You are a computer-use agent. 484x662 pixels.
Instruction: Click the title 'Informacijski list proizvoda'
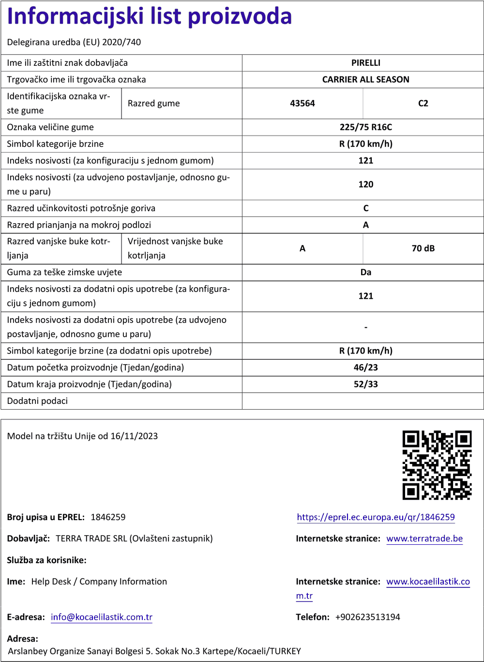pyautogui.click(x=149, y=16)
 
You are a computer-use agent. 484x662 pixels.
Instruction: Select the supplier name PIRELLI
pyautogui.click(x=365, y=63)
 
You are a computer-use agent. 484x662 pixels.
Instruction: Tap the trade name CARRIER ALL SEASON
pyautogui.click(x=365, y=79)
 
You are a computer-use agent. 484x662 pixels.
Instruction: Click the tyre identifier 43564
pyautogui.click(x=302, y=103)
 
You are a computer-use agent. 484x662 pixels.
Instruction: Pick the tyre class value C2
pyautogui.click(x=423, y=103)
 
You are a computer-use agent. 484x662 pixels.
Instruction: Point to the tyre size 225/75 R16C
pyautogui.click(x=365, y=127)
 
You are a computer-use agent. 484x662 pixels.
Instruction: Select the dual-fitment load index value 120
pyautogui.click(x=365, y=185)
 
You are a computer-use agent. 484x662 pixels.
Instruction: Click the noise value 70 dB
pyautogui.click(x=423, y=248)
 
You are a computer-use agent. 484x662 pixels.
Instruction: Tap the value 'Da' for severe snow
pyautogui.click(x=365, y=272)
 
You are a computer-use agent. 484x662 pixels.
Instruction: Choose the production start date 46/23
pyautogui.click(x=365, y=368)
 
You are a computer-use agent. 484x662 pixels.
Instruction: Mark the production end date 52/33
pyautogui.click(x=365, y=385)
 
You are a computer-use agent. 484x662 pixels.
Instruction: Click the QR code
pyautogui.click(x=437, y=465)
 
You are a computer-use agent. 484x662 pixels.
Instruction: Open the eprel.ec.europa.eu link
pyautogui.click(x=376, y=517)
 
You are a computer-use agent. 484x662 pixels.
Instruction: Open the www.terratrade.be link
pyautogui.click(x=424, y=539)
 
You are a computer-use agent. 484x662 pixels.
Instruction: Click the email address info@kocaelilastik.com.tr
pyautogui.click(x=102, y=617)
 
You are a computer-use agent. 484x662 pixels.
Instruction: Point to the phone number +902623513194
pyautogui.click(x=367, y=617)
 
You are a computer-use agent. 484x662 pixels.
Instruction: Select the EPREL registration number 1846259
pyautogui.click(x=108, y=517)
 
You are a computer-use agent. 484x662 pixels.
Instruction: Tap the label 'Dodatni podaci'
pyautogui.click(x=37, y=401)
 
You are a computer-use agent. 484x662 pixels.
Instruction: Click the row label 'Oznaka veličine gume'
pyautogui.click(x=50, y=127)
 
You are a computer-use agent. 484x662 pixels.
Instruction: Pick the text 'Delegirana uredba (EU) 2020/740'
pyautogui.click(x=74, y=42)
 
